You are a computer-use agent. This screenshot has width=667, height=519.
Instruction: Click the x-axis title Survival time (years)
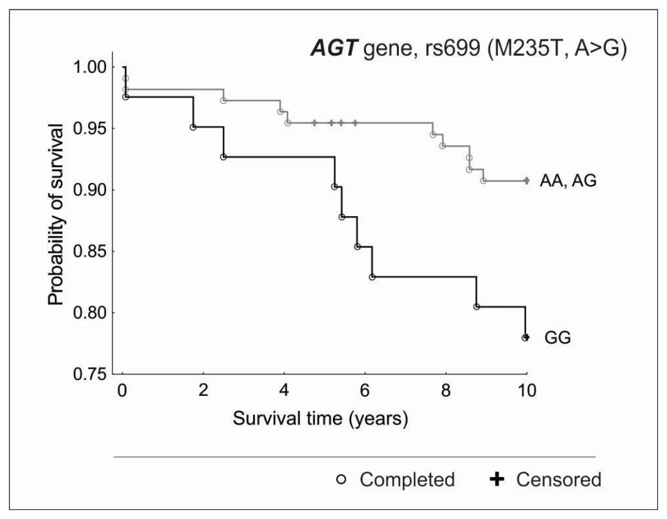coord(320,419)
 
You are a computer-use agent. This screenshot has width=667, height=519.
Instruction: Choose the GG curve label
coord(558,338)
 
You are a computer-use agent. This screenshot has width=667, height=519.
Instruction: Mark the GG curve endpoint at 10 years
coord(525,337)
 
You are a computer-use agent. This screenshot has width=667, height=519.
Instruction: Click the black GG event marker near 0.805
coord(477,307)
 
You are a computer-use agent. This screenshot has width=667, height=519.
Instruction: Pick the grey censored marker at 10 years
coord(526,181)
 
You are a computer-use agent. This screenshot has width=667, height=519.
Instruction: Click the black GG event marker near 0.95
coord(193,127)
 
